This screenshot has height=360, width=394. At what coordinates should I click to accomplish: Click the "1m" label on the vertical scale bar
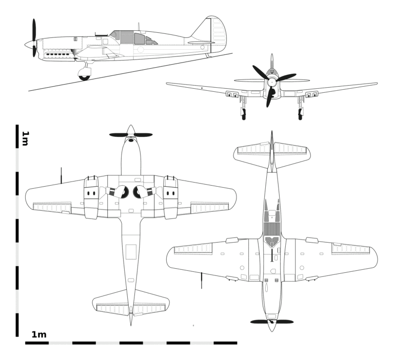[x=25, y=138]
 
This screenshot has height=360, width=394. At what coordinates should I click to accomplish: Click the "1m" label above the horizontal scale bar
[x=39, y=334]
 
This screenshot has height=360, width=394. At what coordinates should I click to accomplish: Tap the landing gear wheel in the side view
[x=84, y=74]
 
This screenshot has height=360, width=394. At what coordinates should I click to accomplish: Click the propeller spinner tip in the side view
[x=25, y=45]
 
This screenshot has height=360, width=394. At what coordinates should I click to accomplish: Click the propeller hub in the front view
[x=271, y=82]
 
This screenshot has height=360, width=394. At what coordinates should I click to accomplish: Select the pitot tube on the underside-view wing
[x=62, y=175]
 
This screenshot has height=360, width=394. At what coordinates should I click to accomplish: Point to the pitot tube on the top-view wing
[x=202, y=281]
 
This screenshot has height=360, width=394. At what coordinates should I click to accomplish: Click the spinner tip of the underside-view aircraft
[x=131, y=126]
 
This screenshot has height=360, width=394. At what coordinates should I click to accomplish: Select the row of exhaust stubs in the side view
[x=57, y=54]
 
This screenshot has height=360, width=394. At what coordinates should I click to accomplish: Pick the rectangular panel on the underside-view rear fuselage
[x=131, y=252]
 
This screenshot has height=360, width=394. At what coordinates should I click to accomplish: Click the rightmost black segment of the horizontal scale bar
[x=225, y=343]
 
